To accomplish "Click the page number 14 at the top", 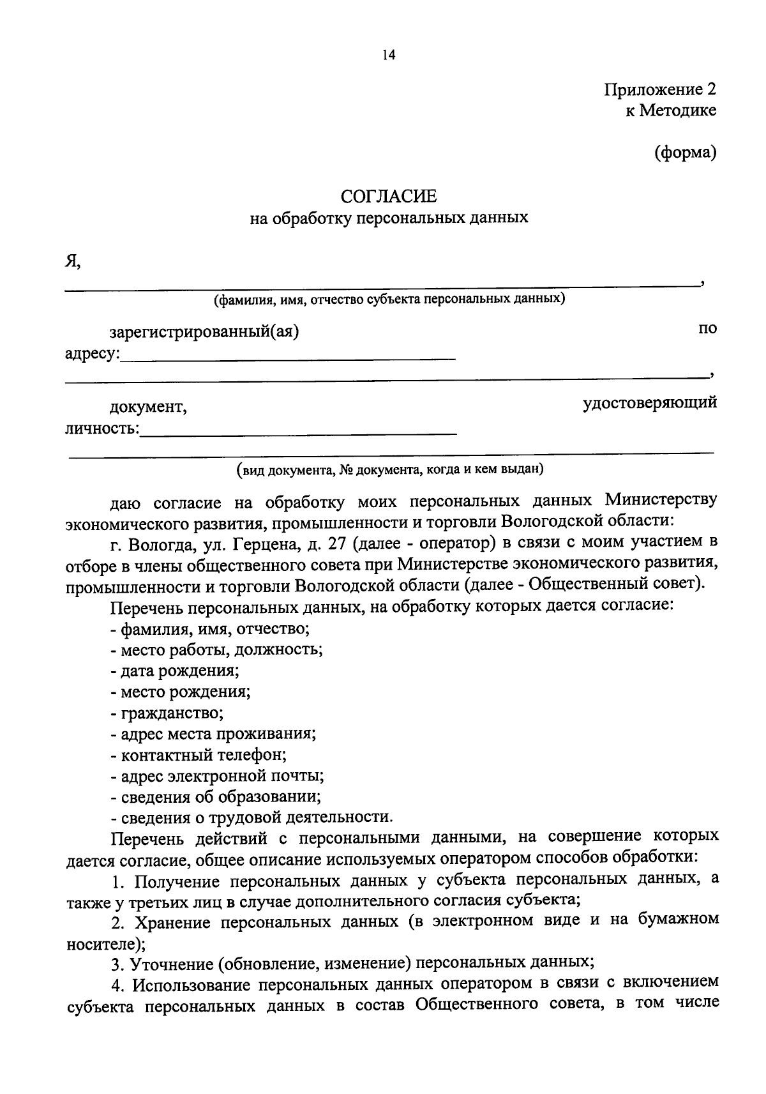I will [389, 56].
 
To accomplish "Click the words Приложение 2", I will [660, 89].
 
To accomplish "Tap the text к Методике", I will [670, 110].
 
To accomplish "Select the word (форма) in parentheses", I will [685, 153].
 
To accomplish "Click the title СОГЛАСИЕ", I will [388, 195].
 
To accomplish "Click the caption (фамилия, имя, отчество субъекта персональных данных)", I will [389, 299].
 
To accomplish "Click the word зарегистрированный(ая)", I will [204, 332].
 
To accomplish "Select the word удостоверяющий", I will [650, 402].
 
